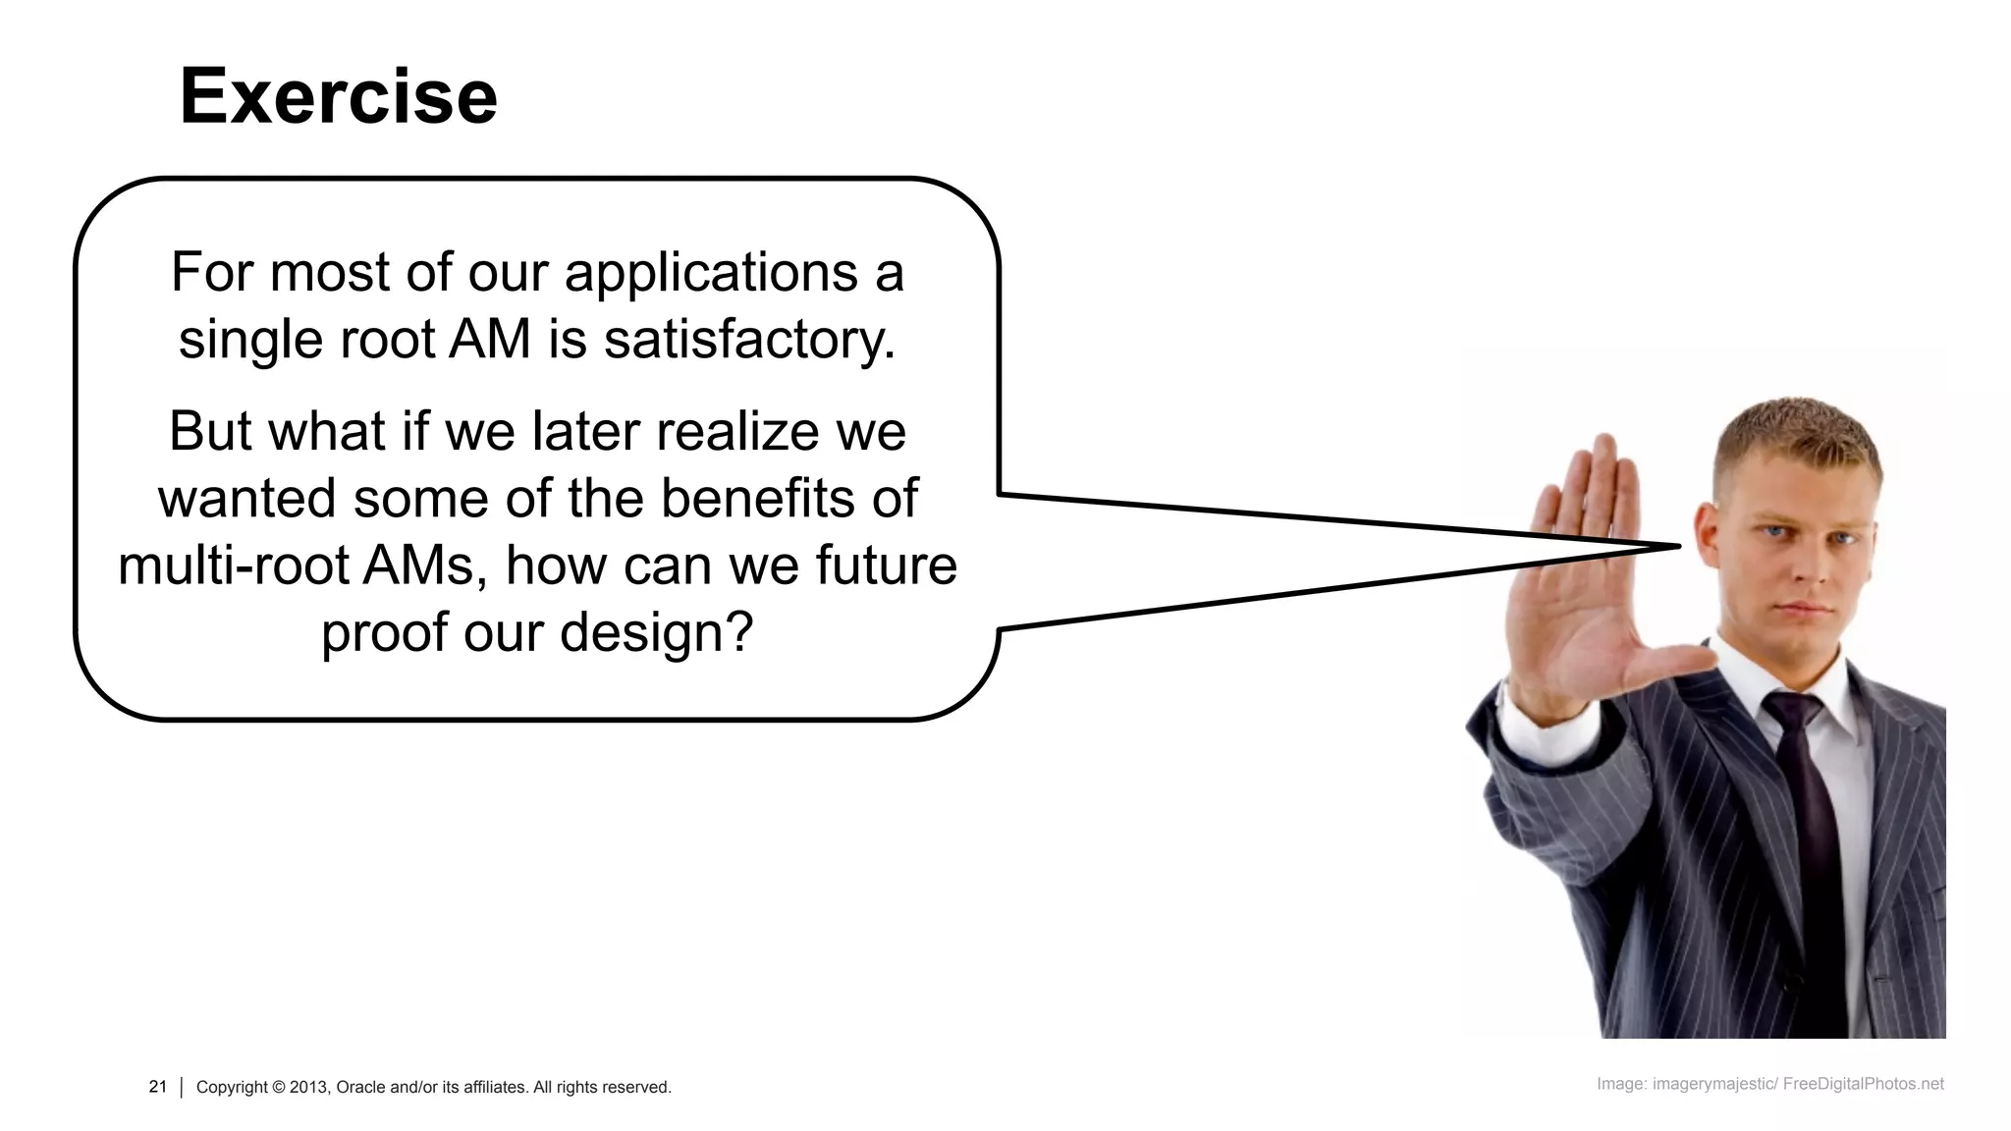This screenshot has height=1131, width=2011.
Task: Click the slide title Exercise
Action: tap(338, 96)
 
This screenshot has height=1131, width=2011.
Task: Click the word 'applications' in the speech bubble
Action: tap(711, 272)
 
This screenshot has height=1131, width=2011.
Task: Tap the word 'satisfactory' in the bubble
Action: tap(748, 340)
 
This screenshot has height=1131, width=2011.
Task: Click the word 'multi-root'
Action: tap(234, 565)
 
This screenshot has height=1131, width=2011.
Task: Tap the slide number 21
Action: tap(158, 1087)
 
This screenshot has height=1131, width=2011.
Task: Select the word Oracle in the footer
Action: tap(360, 1088)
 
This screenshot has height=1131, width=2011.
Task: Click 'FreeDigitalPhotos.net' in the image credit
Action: tap(1863, 1084)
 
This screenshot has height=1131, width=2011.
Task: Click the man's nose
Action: tap(1805, 569)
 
